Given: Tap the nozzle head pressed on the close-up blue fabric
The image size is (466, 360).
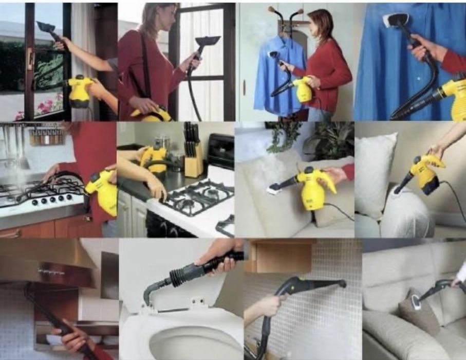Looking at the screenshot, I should (393, 20).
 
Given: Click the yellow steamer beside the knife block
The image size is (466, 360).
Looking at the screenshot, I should (154, 157).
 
